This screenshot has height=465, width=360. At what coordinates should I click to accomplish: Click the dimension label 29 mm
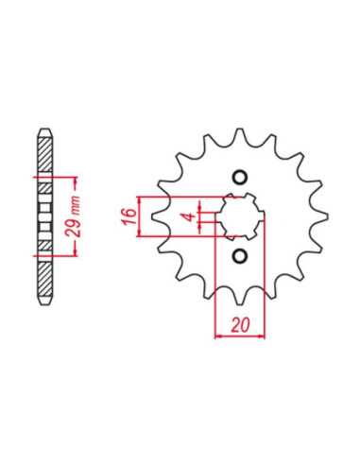pos(72,216)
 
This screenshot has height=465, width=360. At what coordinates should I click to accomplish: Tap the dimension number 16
pos(129,216)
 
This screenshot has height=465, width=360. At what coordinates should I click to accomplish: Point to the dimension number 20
pos(240,325)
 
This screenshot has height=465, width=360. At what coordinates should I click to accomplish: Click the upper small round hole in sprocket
pos(240,178)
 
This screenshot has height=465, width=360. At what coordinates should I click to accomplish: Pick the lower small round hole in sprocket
pos(240,256)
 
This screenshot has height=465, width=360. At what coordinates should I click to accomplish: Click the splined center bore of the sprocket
pos(240,216)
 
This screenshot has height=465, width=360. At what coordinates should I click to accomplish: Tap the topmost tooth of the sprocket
pos(240,136)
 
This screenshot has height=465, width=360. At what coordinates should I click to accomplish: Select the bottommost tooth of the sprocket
pos(240,297)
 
